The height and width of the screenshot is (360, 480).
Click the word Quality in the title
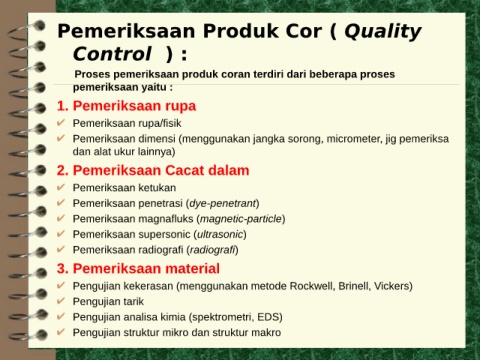click(383, 32)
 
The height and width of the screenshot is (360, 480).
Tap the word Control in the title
click(112, 54)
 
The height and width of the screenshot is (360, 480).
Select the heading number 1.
click(62, 106)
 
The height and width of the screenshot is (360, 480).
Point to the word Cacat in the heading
click(184, 170)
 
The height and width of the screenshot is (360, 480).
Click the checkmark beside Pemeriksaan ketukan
click(61, 187)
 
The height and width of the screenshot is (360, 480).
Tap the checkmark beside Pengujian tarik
click(61, 301)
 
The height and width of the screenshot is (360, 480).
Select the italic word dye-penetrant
click(223, 203)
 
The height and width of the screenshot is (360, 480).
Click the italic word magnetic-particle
click(241, 219)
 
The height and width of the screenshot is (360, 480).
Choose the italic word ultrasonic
click(220, 234)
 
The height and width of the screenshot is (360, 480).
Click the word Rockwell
click(312, 286)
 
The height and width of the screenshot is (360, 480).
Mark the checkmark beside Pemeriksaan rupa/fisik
click(61, 123)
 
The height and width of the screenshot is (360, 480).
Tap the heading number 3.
click(62, 268)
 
